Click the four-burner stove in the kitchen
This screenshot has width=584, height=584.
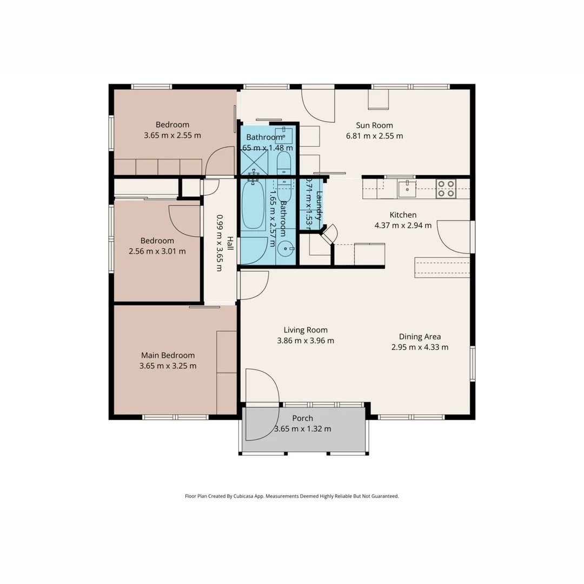pyautogui.click(x=446, y=189)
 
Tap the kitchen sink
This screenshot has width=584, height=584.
pyautogui.click(x=407, y=189)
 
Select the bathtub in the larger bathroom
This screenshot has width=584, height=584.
pyautogui.click(x=253, y=206)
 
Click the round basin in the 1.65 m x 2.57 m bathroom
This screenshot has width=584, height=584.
pyautogui.click(x=286, y=250)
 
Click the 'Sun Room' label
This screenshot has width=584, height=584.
pyautogui.click(x=374, y=125)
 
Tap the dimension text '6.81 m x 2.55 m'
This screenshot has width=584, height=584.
pyautogui.click(x=374, y=136)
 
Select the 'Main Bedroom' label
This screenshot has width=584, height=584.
pyautogui.click(x=168, y=355)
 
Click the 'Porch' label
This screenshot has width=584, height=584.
pyautogui.click(x=302, y=418)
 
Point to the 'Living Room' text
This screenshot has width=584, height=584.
pyautogui.click(x=306, y=330)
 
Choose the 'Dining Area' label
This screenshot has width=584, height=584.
pyautogui.click(x=420, y=336)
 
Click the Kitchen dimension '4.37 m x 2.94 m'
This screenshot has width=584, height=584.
pyautogui.click(x=403, y=225)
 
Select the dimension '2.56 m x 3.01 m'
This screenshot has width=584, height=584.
pyautogui.click(x=157, y=251)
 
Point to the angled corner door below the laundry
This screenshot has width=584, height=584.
pyautogui.click(x=329, y=233)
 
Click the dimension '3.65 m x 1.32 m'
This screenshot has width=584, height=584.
pyautogui.click(x=302, y=428)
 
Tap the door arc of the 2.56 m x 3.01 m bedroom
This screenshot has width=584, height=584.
pyautogui.click(x=183, y=222)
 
